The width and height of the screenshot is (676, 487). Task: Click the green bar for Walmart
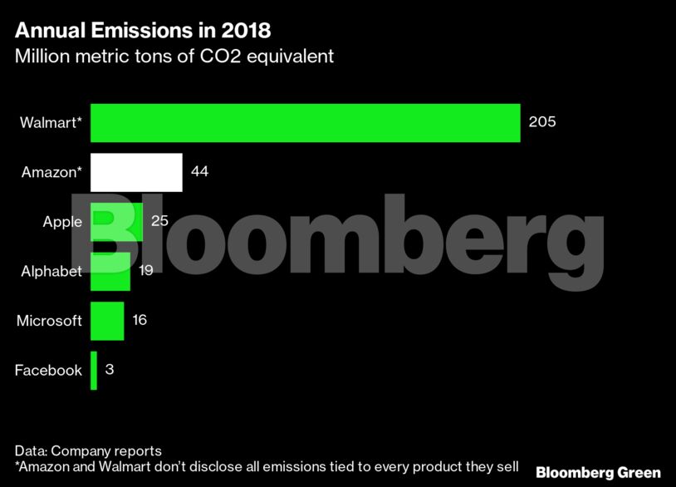pyautogui.click(x=304, y=123)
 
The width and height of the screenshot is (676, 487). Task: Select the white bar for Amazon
pyautogui.click(x=135, y=172)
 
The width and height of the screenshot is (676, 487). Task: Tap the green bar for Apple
pyautogui.click(x=115, y=222)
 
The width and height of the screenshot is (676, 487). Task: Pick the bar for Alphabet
pyautogui.click(x=110, y=271)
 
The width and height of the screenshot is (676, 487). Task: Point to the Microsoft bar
pyautogui.click(x=106, y=320)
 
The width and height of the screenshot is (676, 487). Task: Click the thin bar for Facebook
pyautogui.click(x=94, y=370)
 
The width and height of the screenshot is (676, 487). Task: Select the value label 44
pyautogui.click(x=199, y=172)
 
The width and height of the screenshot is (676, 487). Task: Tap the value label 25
pyautogui.click(x=159, y=221)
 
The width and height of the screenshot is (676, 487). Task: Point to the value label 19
pyautogui.click(x=145, y=271)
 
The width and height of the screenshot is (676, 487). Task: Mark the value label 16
pyautogui.click(x=140, y=320)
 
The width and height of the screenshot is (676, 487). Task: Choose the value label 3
pyautogui.click(x=110, y=370)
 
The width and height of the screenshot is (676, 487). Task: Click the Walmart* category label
pyautogui.click(x=51, y=123)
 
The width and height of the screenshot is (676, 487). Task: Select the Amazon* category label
pyautogui.click(x=51, y=172)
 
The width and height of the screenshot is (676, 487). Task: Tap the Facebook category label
pyautogui.click(x=48, y=370)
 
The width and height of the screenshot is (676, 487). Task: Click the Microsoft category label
pyautogui.click(x=49, y=320)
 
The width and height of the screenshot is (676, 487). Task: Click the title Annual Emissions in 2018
pyautogui.click(x=142, y=32)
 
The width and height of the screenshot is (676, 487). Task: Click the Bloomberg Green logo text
pyautogui.click(x=598, y=472)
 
